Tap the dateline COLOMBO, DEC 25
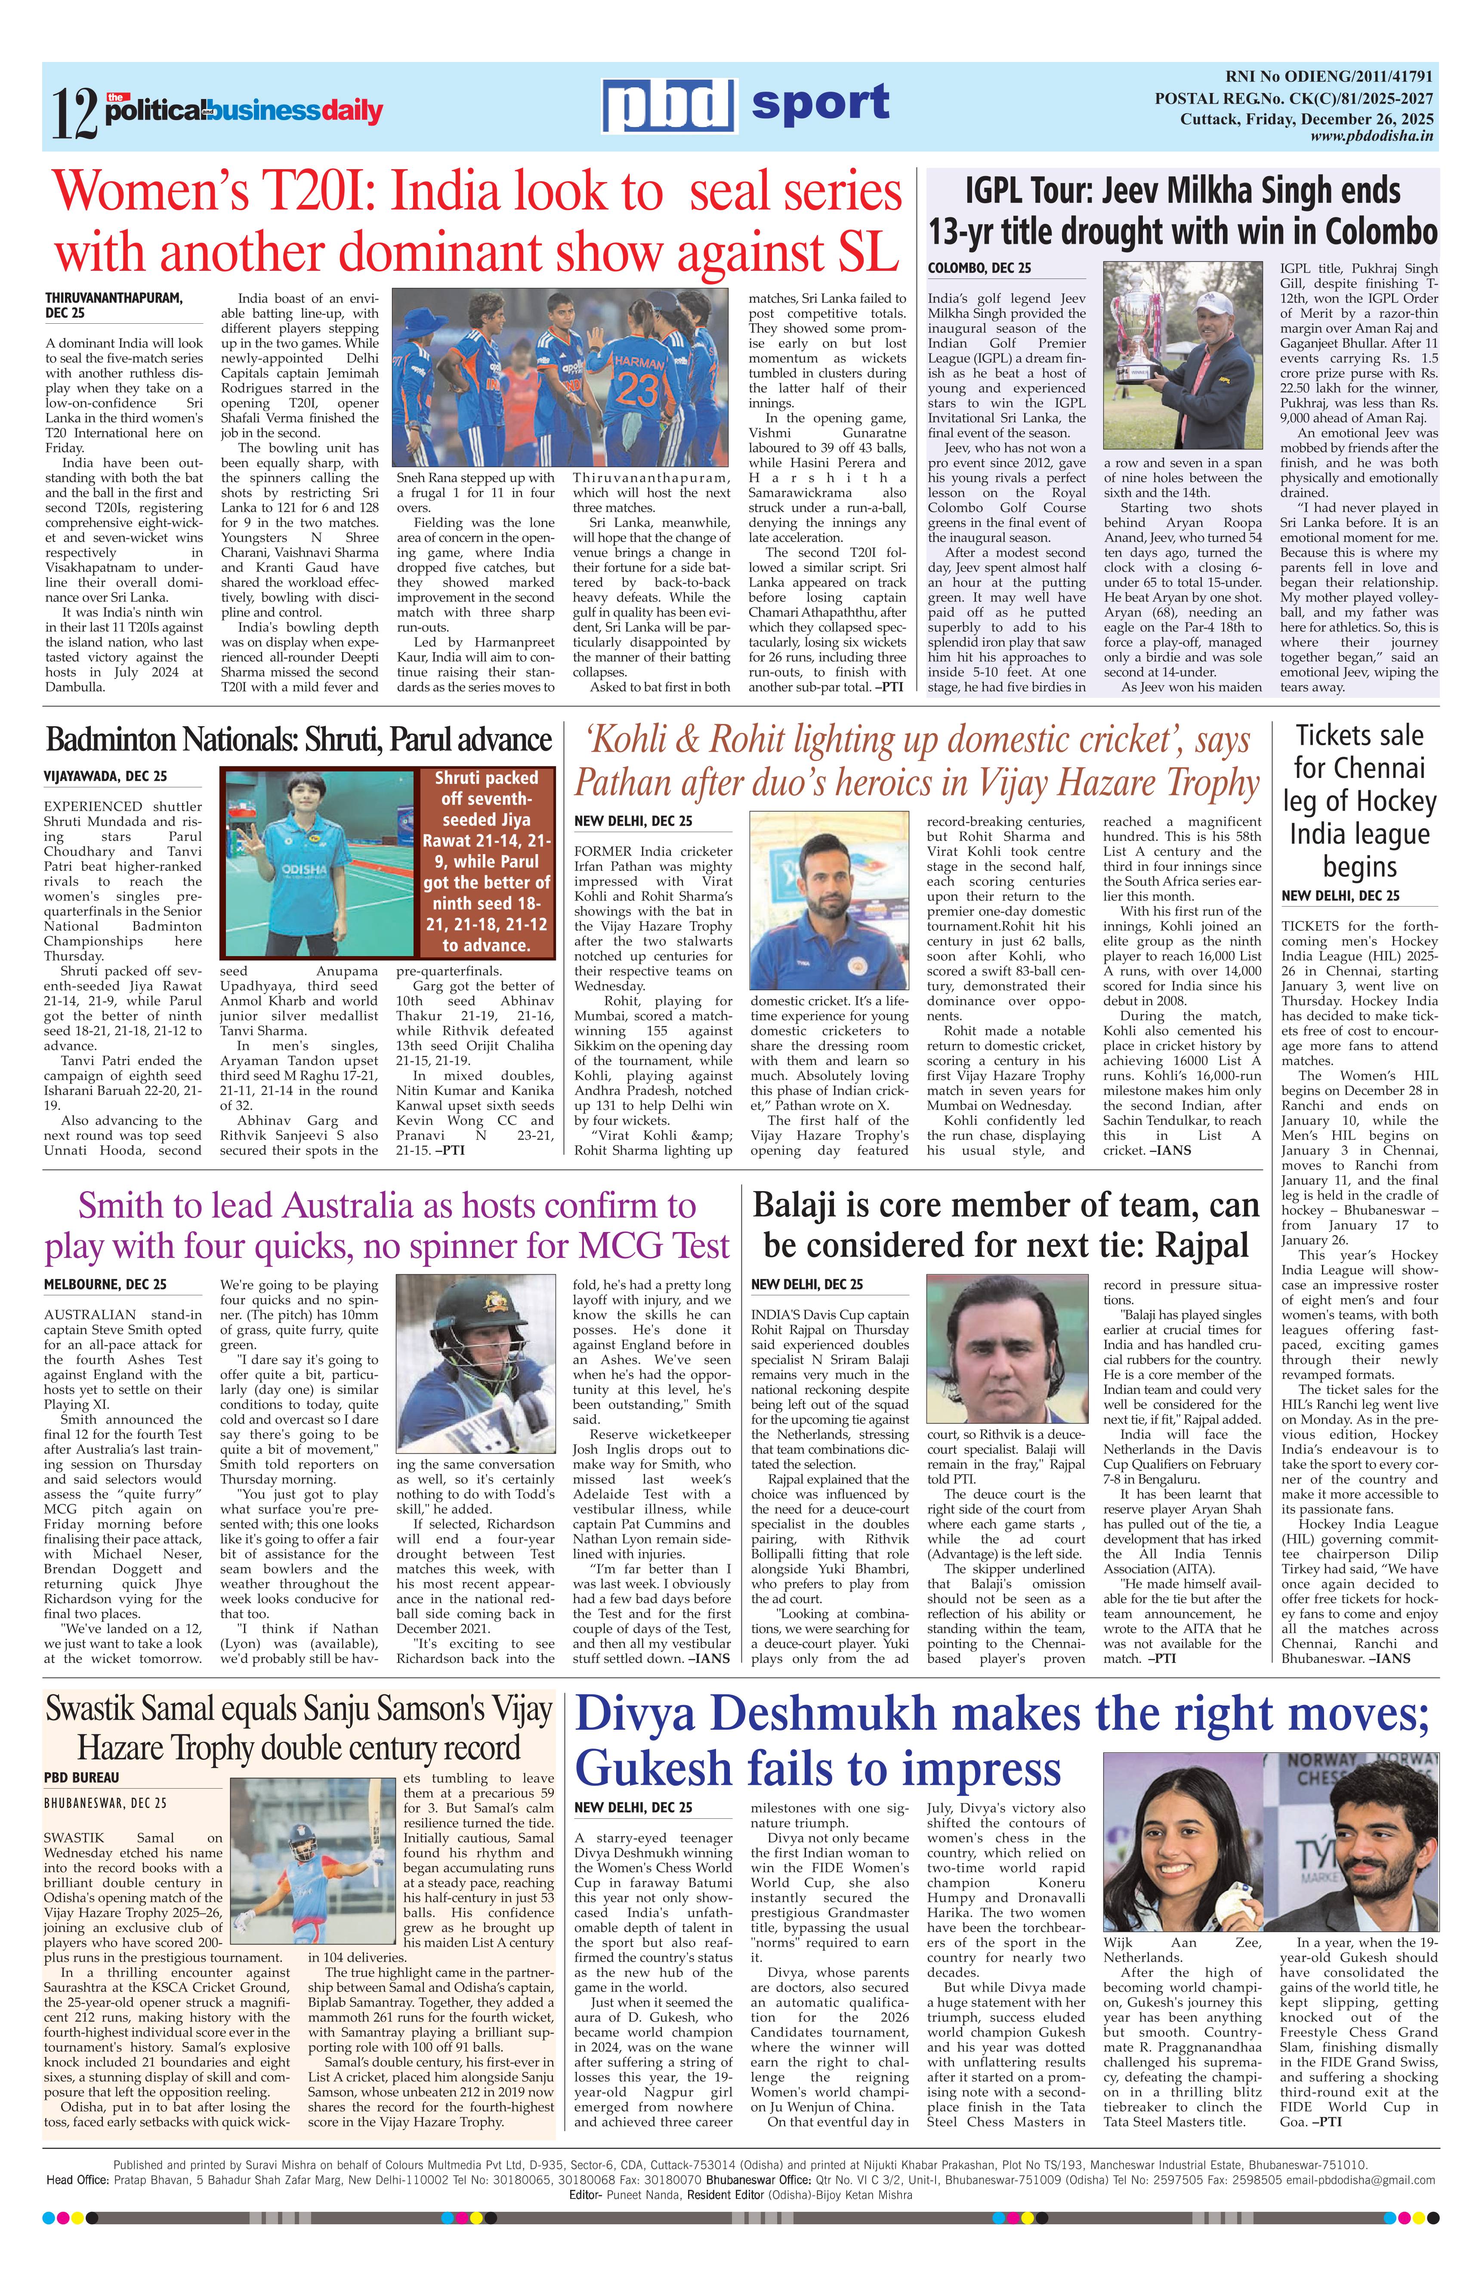[x=979, y=268]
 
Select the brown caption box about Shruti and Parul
[x=486, y=861]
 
